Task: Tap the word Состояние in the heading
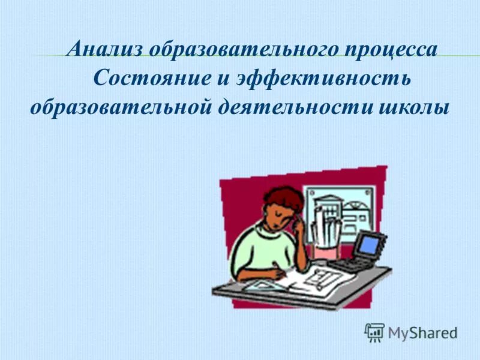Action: [140, 79]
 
